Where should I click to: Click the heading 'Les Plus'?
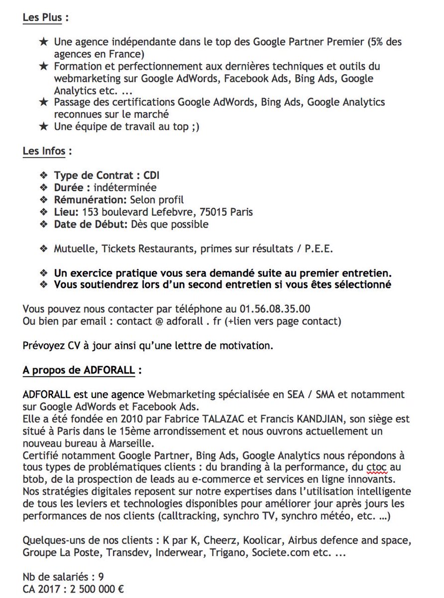[x=42, y=18]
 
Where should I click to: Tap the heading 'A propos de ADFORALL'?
[x=79, y=370]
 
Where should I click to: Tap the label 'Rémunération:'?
[x=90, y=200]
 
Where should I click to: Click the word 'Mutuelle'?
[x=75, y=249]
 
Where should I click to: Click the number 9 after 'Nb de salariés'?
[x=101, y=577]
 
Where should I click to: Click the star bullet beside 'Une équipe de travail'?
[x=44, y=127]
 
